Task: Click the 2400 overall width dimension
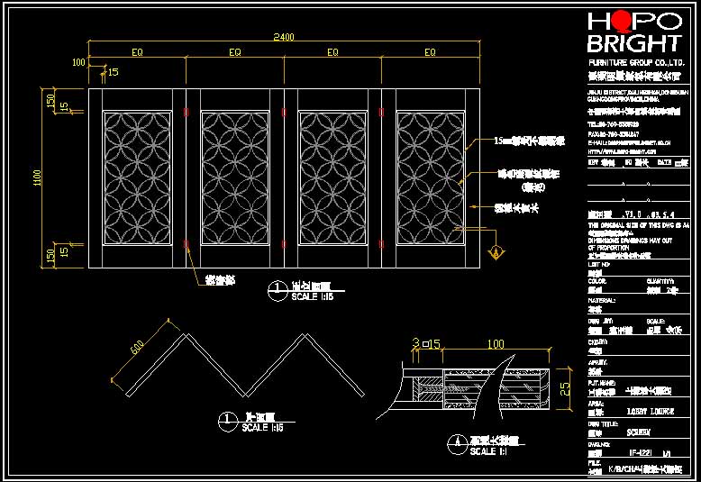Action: point(284,37)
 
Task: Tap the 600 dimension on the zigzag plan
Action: point(138,346)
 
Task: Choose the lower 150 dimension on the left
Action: point(50,255)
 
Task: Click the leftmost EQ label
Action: point(137,53)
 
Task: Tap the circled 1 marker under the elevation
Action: point(278,291)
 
